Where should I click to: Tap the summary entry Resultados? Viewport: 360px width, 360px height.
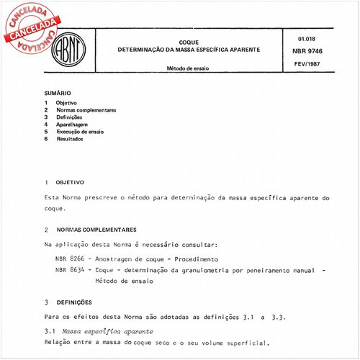tap(69, 139)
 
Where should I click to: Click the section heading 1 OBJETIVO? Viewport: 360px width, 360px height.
tap(65, 183)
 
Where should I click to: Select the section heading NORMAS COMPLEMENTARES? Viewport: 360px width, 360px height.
tap(96, 230)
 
